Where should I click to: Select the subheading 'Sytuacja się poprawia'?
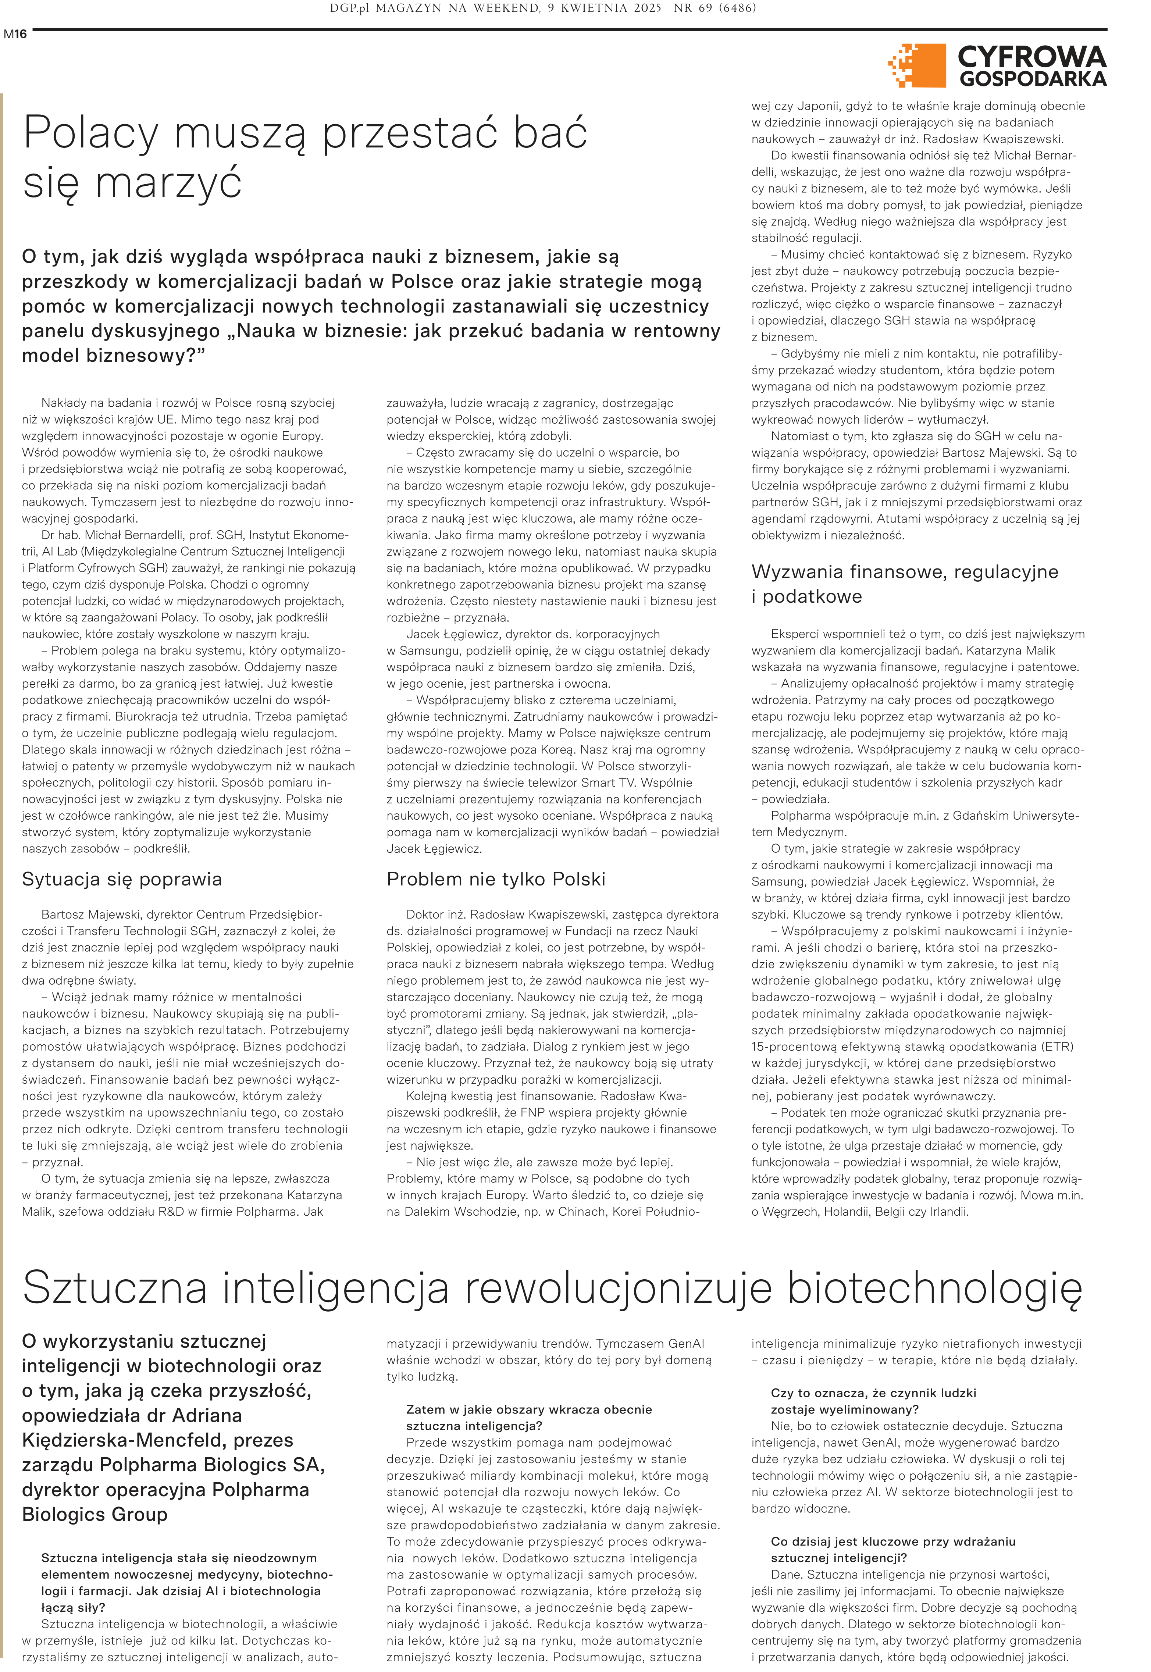(x=122, y=879)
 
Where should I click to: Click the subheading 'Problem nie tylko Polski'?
(x=495, y=879)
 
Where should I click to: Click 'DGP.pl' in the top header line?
(x=350, y=9)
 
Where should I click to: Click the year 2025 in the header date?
(x=644, y=9)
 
